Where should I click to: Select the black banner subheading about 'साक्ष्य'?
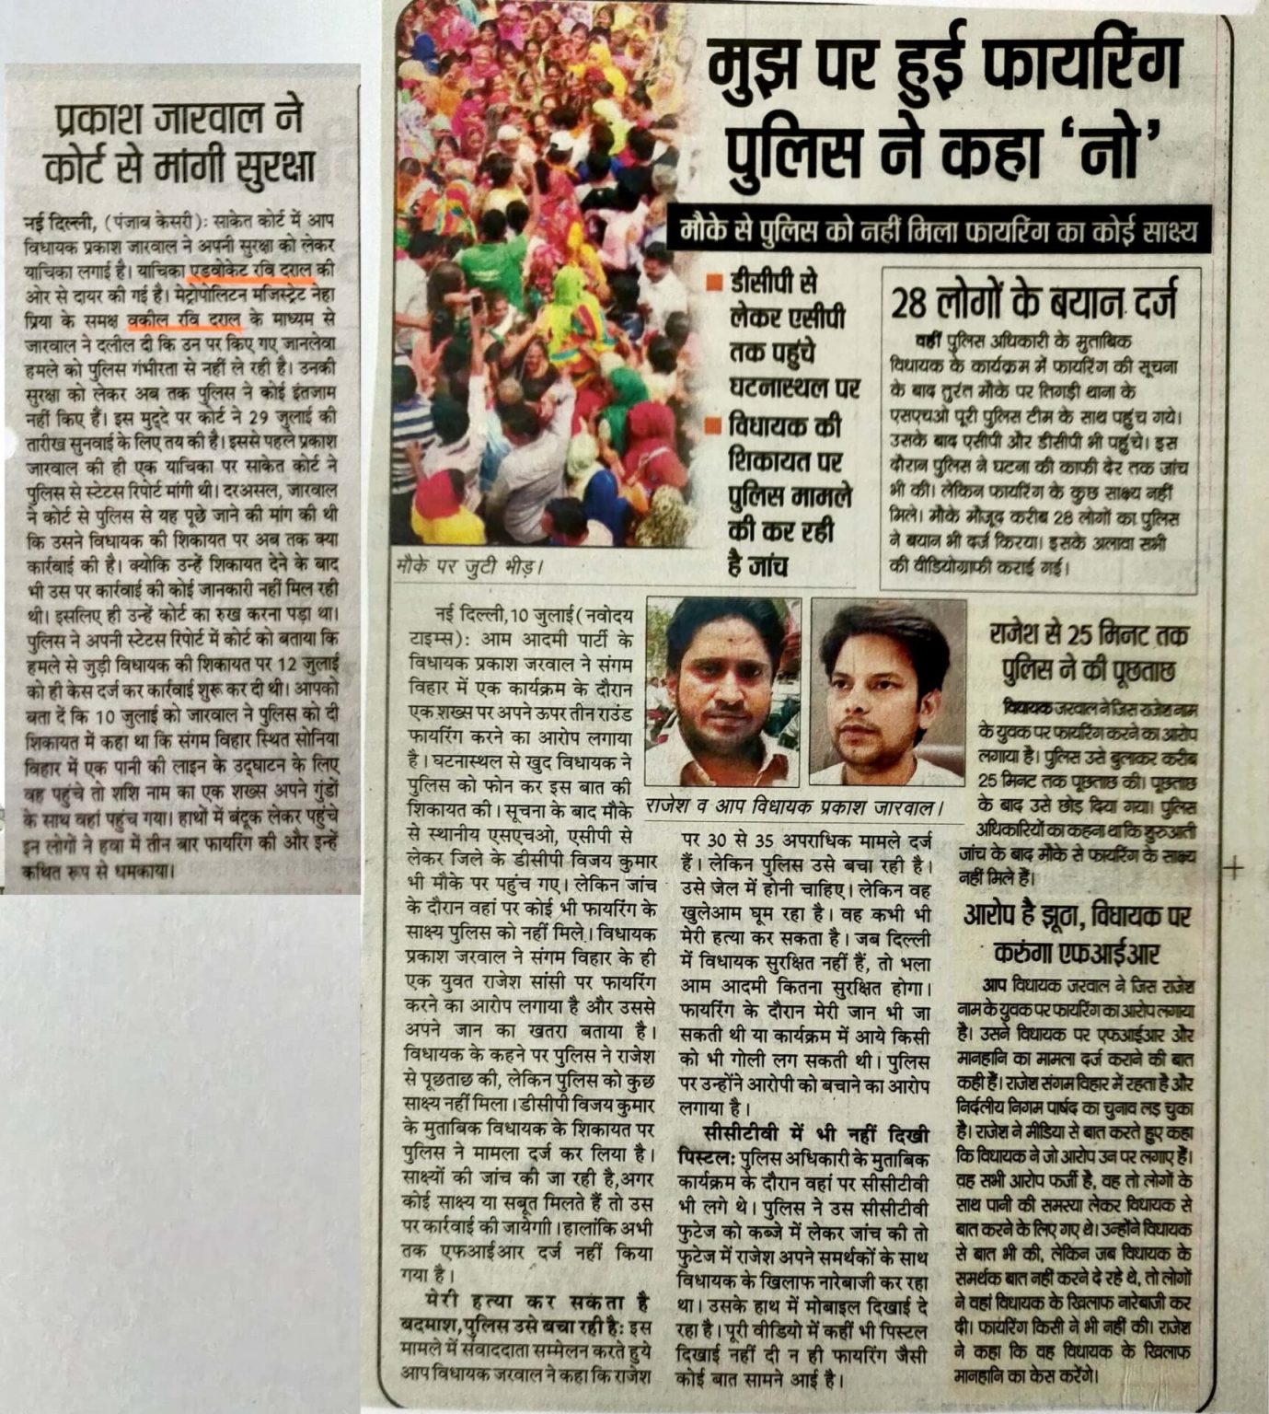coord(940,231)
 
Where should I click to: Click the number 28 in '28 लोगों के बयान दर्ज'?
coord(915,303)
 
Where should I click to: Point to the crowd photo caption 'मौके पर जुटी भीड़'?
coord(466,565)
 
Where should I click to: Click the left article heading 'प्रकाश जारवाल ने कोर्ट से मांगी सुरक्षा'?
coord(185,143)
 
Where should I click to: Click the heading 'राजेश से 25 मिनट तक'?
coord(1089,636)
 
